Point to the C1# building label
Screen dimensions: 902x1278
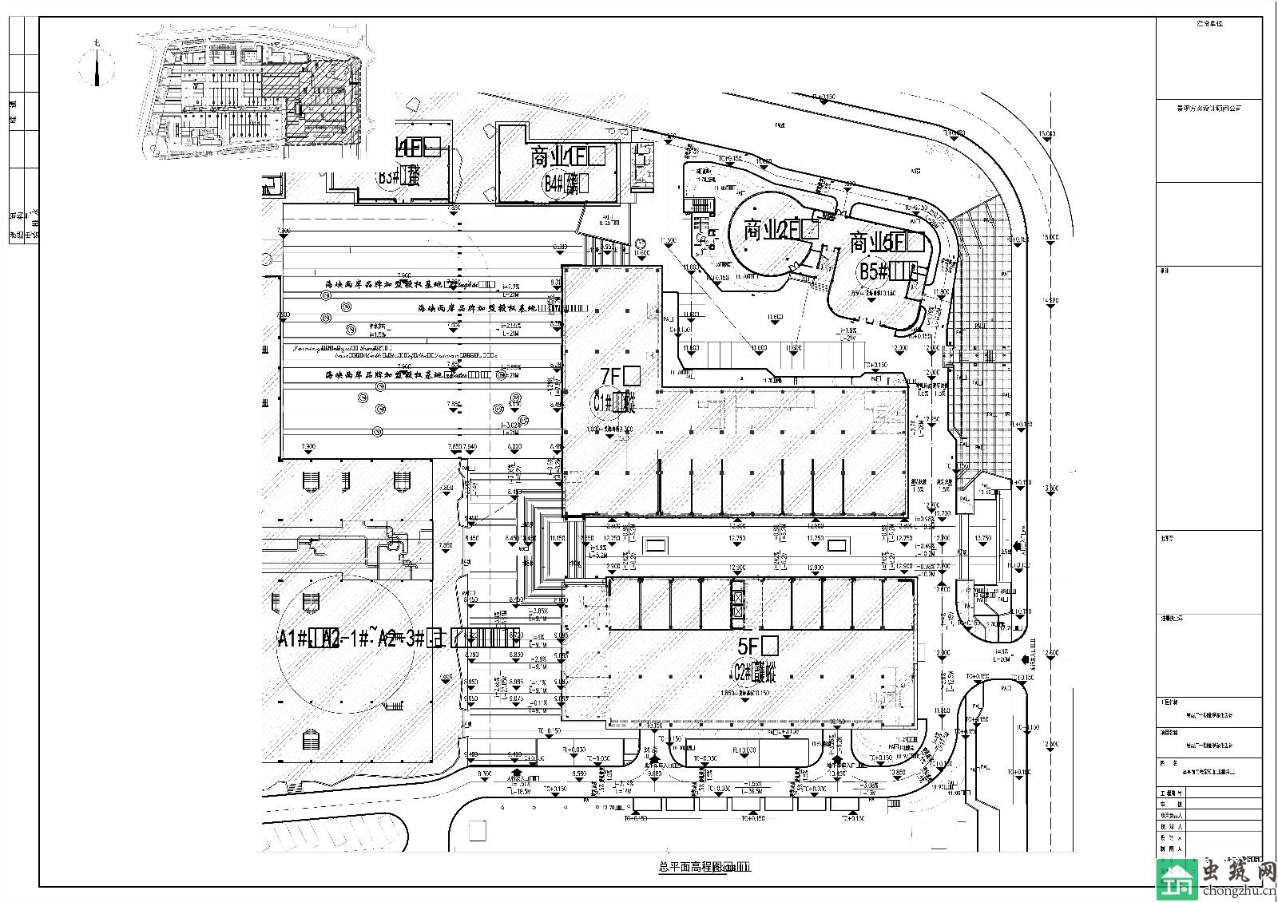613,403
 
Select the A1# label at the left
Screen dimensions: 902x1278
296,639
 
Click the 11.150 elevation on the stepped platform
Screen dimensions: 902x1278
558,539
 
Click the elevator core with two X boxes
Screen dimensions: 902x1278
737,603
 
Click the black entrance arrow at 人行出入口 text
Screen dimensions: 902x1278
1015,547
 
